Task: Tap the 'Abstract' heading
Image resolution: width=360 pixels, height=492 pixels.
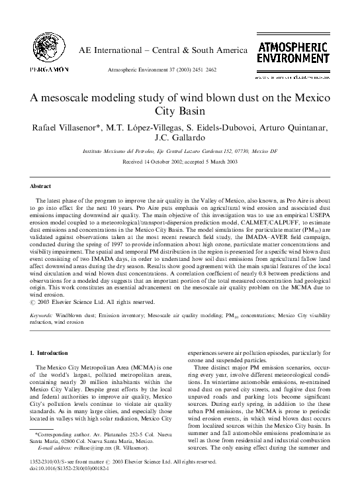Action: click(x=43, y=187)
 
